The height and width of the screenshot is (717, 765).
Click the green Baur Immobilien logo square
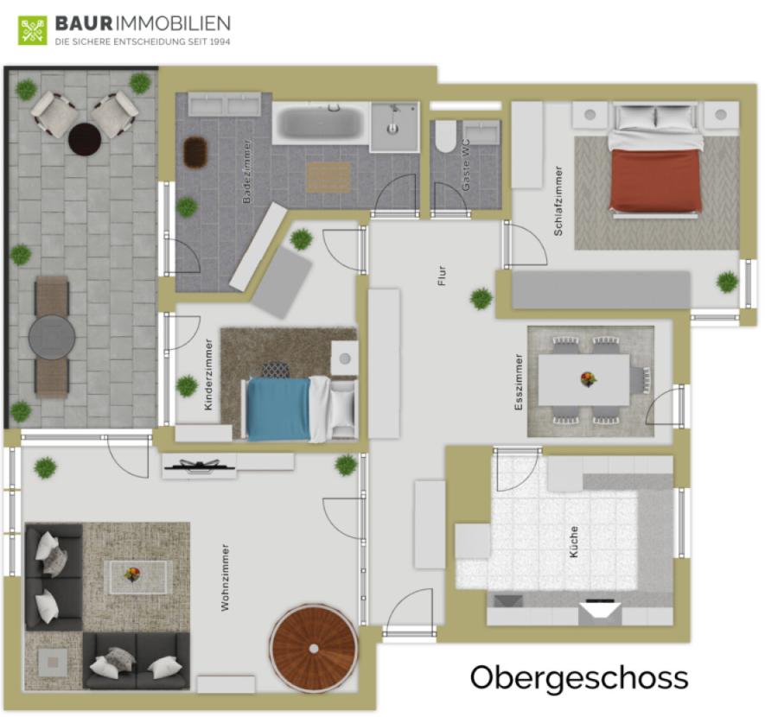(x=33, y=30)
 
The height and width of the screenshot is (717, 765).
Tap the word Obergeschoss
(x=579, y=678)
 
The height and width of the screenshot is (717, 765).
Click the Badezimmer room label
(x=246, y=171)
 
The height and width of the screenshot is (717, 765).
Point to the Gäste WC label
(x=466, y=165)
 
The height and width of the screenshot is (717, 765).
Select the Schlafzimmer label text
(x=558, y=200)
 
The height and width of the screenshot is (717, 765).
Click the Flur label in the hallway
(x=442, y=276)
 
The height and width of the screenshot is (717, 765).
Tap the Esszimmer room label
(x=519, y=382)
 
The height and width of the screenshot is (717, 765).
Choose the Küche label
(x=573, y=542)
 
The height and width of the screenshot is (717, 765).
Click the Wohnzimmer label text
(x=225, y=578)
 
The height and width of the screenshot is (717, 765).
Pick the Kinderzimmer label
(x=208, y=374)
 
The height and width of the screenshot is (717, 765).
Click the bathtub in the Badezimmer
(x=320, y=123)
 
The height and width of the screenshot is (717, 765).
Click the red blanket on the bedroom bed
(x=654, y=180)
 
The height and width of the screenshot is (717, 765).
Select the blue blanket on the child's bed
(x=278, y=409)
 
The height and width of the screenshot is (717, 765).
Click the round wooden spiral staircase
(x=314, y=648)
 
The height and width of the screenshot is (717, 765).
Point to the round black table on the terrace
(x=85, y=139)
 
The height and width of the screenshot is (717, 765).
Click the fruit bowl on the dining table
(x=589, y=378)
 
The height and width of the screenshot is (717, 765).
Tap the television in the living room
(x=200, y=466)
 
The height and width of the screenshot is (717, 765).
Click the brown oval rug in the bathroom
(x=195, y=151)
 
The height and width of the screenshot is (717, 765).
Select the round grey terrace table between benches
(x=52, y=337)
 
